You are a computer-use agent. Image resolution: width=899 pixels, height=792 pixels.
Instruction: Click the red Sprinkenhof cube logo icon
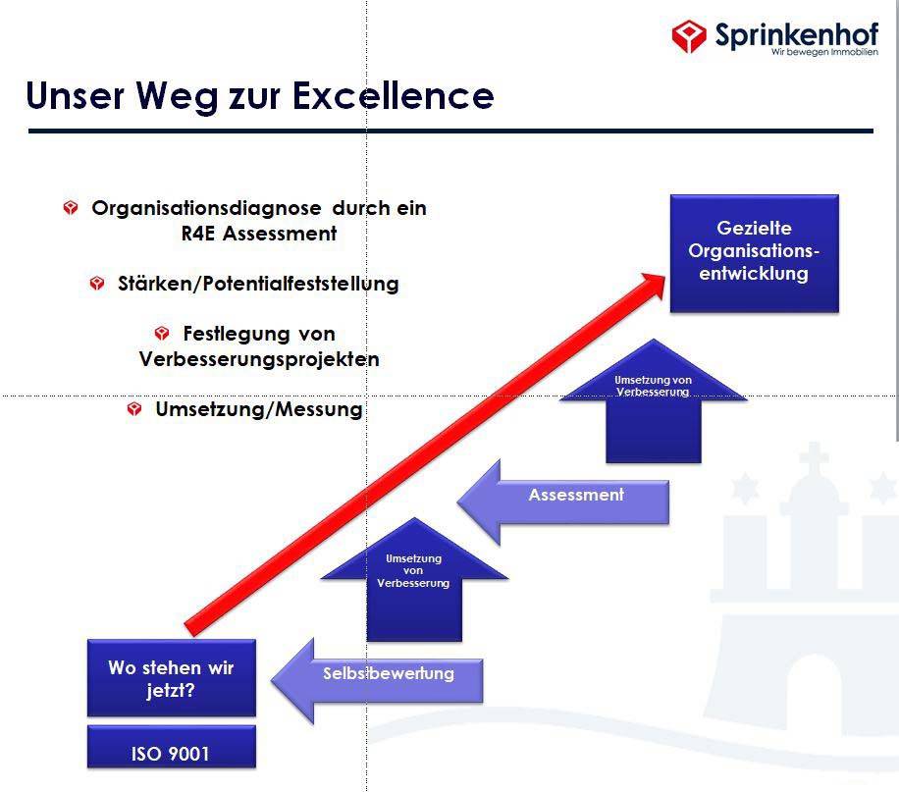tap(689, 35)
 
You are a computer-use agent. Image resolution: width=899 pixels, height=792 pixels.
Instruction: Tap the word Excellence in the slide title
tap(394, 95)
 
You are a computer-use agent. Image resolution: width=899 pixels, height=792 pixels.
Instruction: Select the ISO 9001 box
tap(172, 747)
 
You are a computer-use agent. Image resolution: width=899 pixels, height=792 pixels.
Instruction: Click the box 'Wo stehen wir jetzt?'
tap(172, 678)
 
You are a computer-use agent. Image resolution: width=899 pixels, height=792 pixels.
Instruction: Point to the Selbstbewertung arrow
tap(377, 681)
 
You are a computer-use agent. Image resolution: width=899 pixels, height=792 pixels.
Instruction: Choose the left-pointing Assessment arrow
tap(563, 502)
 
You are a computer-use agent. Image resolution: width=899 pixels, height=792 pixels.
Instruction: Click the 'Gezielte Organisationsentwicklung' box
tap(755, 253)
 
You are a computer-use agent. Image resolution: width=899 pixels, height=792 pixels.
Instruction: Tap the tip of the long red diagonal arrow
tap(664, 275)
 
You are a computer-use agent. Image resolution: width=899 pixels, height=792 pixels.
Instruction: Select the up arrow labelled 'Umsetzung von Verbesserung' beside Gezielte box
tap(654, 401)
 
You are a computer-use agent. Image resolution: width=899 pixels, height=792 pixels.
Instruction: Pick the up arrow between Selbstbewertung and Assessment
tap(414, 579)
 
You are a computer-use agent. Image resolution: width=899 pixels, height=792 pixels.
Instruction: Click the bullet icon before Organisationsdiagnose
tap(71, 208)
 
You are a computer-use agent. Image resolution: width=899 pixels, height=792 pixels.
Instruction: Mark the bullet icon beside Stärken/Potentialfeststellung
tap(97, 284)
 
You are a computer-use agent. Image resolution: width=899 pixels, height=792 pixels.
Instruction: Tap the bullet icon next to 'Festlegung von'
tap(162, 334)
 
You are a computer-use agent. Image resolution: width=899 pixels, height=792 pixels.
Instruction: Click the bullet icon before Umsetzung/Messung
tap(134, 409)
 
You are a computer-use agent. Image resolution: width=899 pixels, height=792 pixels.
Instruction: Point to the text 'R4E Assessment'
tap(259, 234)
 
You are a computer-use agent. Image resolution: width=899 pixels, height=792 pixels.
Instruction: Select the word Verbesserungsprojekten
tap(259, 359)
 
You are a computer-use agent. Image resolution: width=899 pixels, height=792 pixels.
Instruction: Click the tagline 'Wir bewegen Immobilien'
tap(824, 52)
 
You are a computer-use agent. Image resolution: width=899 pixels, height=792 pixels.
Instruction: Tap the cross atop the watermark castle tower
tap(815, 457)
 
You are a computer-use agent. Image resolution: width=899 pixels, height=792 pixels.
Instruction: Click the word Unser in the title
tap(76, 95)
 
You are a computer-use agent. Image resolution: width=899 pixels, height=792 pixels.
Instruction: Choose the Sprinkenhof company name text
tap(797, 34)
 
